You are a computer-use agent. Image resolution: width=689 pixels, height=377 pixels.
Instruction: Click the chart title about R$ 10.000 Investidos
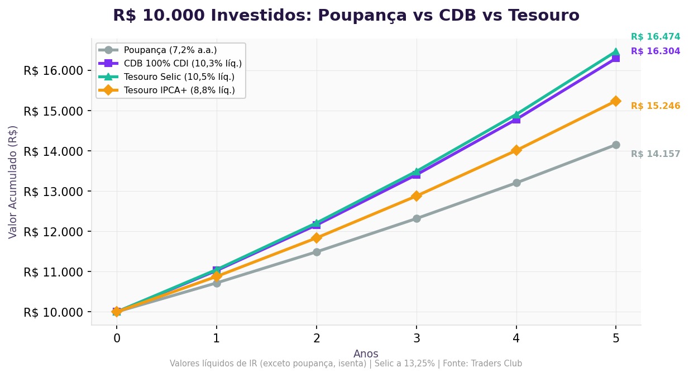coord(346,16)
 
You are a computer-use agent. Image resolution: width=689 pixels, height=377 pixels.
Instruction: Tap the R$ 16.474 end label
coord(655,37)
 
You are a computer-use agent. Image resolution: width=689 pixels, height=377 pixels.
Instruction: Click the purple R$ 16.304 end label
coord(655,51)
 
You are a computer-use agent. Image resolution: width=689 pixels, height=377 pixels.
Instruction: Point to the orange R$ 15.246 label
coord(655,106)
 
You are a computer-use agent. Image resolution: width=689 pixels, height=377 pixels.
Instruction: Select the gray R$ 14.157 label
coord(655,154)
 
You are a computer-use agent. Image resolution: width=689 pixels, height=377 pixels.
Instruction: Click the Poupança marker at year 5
coord(616,145)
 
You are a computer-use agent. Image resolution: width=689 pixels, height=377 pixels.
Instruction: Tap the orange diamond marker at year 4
coord(516,150)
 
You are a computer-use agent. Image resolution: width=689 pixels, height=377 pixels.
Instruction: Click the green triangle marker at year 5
coord(616,52)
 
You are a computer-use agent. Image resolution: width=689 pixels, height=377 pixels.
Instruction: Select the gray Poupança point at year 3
coord(417,218)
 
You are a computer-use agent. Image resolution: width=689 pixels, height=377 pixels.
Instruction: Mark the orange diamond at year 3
coord(417,196)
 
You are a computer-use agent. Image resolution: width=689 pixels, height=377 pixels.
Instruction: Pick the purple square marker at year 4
coord(516,119)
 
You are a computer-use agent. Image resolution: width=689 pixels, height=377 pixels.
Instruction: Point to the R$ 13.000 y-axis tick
coord(53,192)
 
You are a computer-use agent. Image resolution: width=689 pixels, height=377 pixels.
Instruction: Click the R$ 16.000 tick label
coord(53,71)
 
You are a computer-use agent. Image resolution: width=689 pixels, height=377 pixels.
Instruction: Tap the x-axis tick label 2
coord(317,338)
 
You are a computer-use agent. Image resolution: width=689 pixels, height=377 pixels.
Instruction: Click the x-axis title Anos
coord(366,354)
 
